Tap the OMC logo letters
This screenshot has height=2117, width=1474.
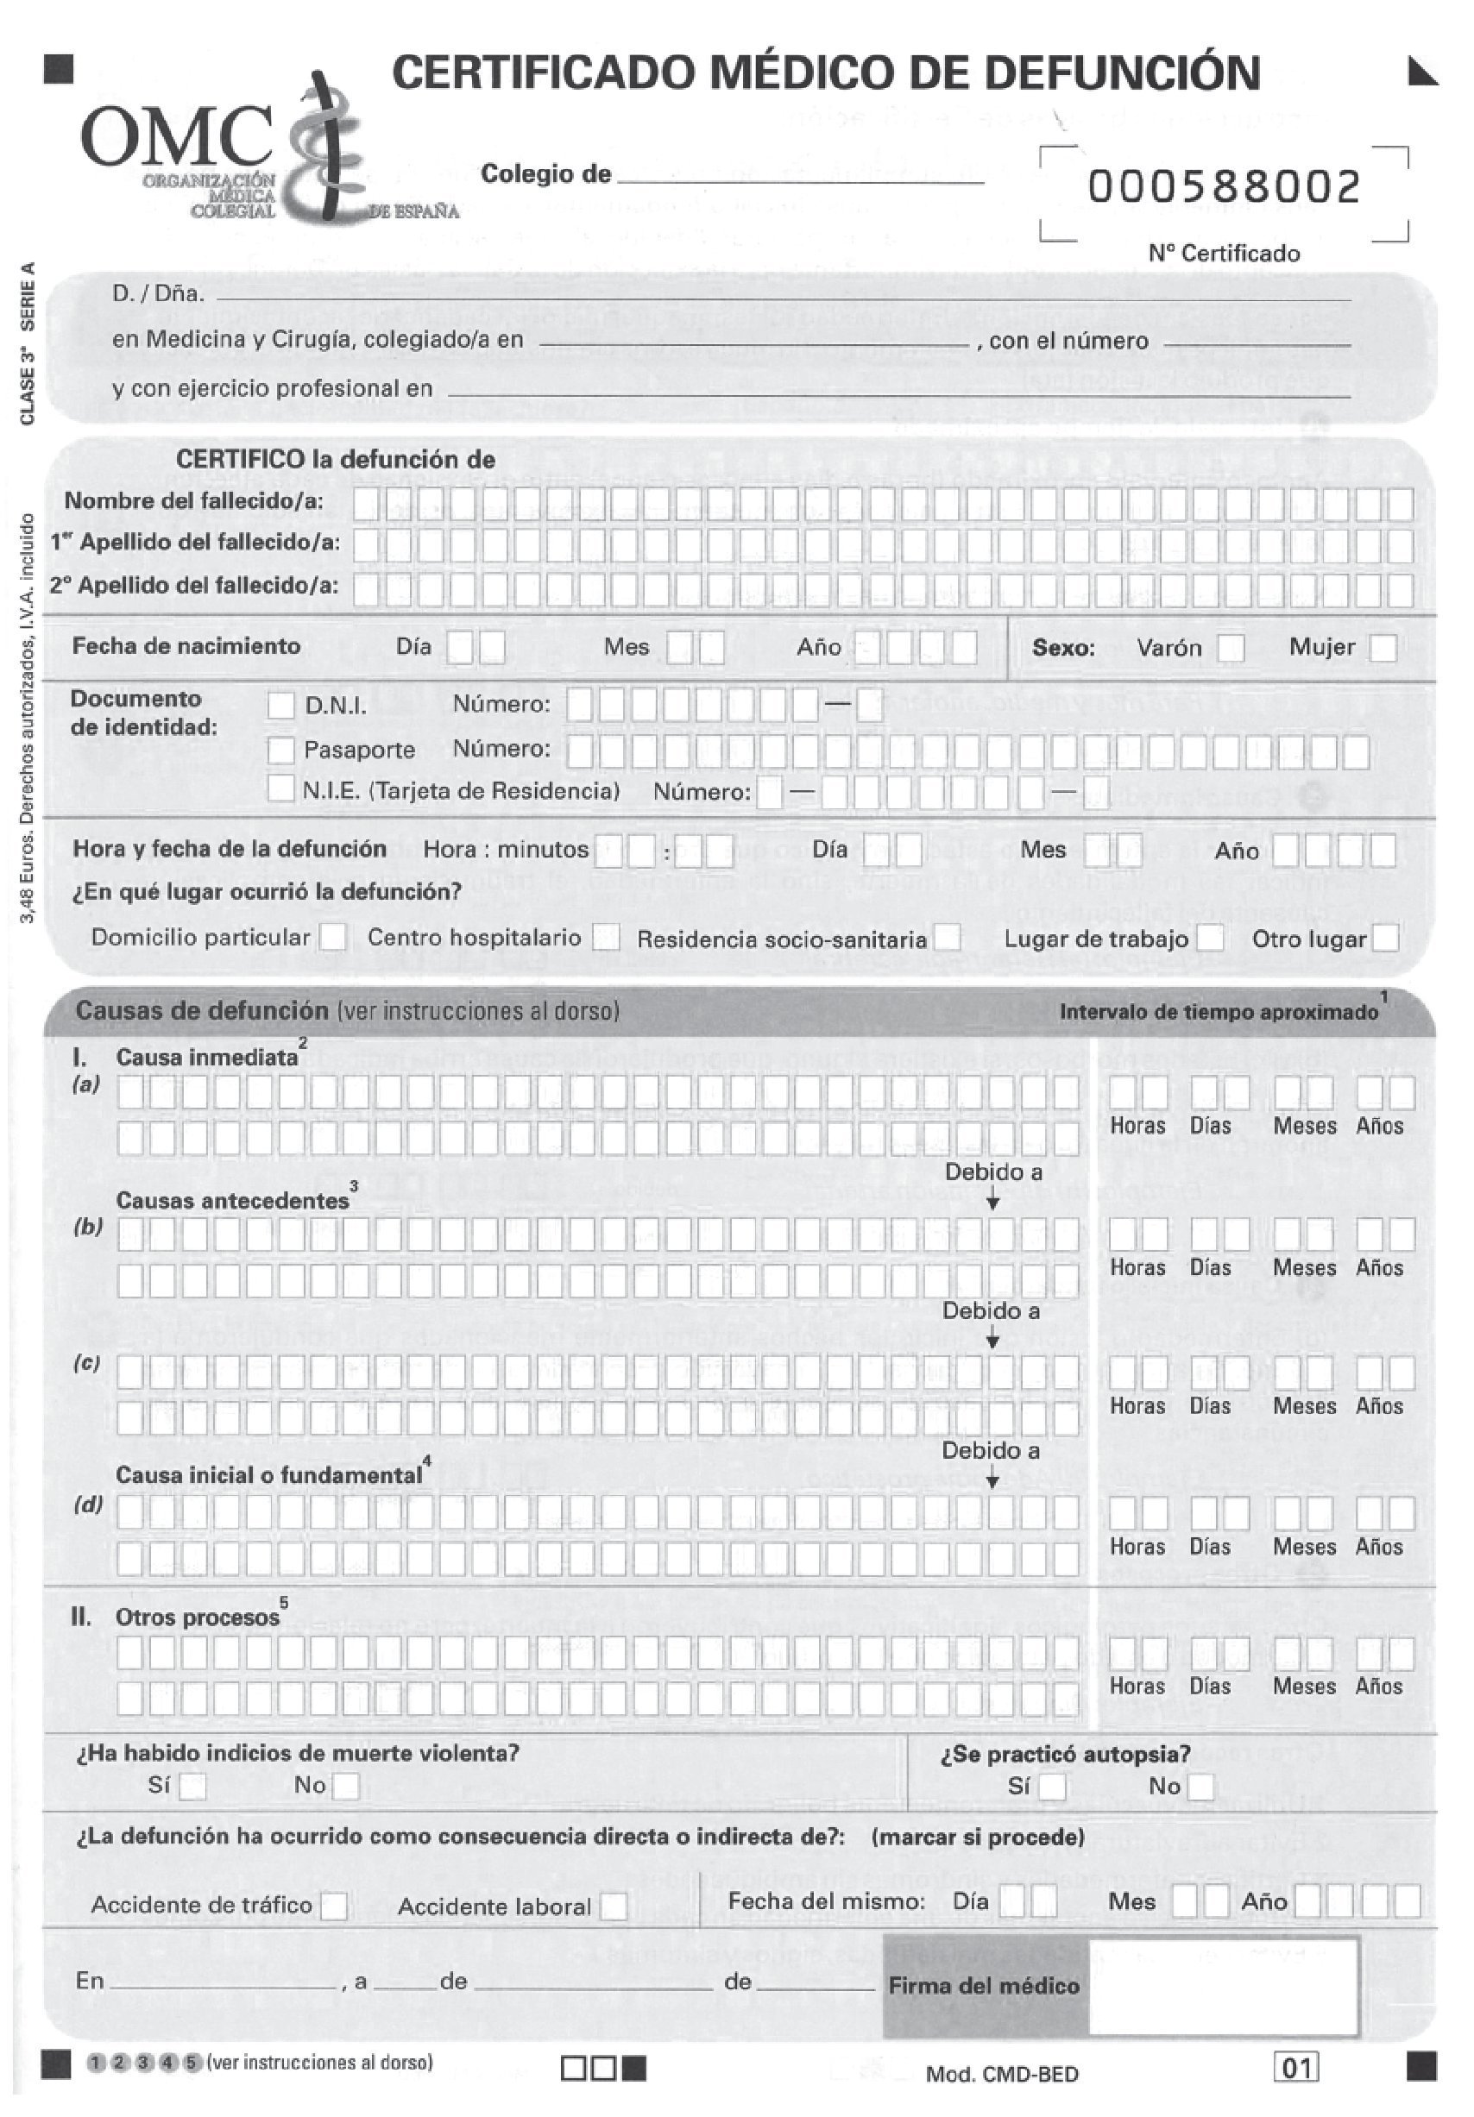pos(175,136)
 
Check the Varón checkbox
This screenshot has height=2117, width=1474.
pos(1231,648)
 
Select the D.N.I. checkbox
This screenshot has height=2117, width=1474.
pos(281,707)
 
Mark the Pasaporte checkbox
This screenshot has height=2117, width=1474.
pos(281,750)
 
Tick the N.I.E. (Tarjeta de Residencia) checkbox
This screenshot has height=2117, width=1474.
pos(281,789)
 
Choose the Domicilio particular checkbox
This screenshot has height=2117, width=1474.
pos(333,938)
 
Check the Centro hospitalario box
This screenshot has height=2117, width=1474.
pos(605,938)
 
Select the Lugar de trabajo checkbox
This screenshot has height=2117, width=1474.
pos(1210,939)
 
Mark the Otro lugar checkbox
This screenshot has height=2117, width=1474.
pos(1384,939)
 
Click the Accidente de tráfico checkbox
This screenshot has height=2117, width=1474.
pos(334,1906)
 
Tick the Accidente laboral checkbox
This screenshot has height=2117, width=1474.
pos(613,1907)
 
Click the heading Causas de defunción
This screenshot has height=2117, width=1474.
pos(201,1010)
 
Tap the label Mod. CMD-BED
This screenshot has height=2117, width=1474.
pos(1002,2076)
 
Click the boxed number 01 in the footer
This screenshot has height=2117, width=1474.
pos(1295,2068)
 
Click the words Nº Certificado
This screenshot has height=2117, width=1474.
pos(1223,254)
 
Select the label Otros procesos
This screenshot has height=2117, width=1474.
pos(197,1618)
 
